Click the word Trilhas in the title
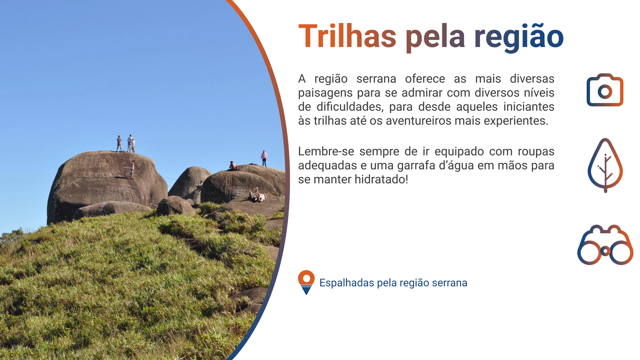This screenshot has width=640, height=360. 347,36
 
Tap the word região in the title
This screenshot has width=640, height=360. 519,37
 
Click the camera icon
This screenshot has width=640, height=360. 605,90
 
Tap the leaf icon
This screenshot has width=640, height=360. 605,165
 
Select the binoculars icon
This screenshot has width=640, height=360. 605,245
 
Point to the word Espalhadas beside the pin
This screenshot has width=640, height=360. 347,283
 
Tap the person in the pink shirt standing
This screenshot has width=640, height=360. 264,159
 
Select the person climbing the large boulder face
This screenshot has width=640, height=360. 132,170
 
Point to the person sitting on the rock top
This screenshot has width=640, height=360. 233,166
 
